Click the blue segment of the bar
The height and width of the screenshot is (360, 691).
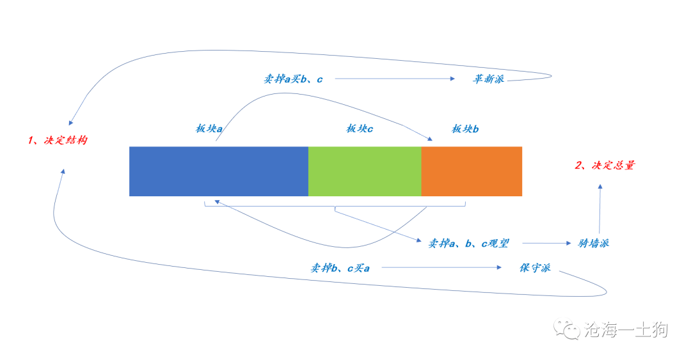[x=219, y=171]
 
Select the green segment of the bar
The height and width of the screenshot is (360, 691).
[x=365, y=171]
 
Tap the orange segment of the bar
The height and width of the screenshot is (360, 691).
[x=472, y=171]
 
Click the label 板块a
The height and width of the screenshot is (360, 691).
[x=209, y=129]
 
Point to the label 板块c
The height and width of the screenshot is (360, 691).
[x=360, y=129]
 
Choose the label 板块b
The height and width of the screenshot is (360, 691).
[x=465, y=129]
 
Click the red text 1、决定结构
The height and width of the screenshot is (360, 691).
[x=58, y=140]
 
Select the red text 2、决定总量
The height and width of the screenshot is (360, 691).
[x=605, y=165]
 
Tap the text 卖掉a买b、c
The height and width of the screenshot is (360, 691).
[x=293, y=79]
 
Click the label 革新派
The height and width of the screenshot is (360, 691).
[x=488, y=79]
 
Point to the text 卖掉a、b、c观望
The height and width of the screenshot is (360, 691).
[x=468, y=243]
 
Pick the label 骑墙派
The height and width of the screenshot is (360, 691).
[x=593, y=243]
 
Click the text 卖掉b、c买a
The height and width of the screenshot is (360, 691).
[x=340, y=268]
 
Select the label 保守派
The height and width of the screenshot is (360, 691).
[x=535, y=268]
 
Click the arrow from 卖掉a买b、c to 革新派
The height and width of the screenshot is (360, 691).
[x=395, y=79]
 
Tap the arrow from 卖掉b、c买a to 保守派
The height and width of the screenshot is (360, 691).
[x=441, y=267]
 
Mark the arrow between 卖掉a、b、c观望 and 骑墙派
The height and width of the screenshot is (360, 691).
[x=546, y=243]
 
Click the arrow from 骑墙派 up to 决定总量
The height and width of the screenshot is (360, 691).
[x=600, y=209]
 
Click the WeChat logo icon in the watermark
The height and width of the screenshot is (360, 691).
[x=567, y=329]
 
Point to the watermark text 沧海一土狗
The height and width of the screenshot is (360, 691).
[x=626, y=329]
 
